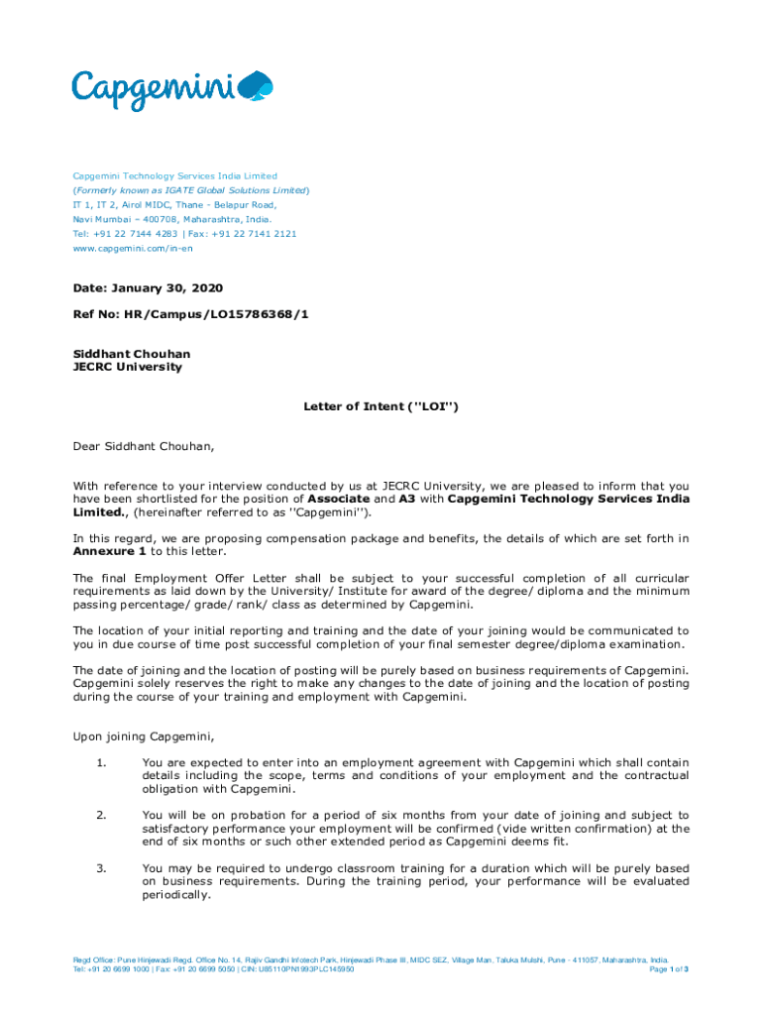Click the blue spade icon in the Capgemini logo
(x=258, y=89)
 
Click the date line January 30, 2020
(x=148, y=288)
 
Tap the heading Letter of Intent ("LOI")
(x=381, y=406)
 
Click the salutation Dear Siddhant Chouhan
(x=144, y=446)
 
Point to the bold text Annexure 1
(x=108, y=551)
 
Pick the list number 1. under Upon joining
(x=102, y=762)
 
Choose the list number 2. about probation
(x=102, y=815)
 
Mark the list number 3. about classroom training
(x=102, y=868)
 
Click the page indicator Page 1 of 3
(x=668, y=969)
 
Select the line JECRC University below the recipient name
(x=128, y=367)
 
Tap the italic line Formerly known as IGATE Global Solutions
(x=191, y=190)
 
